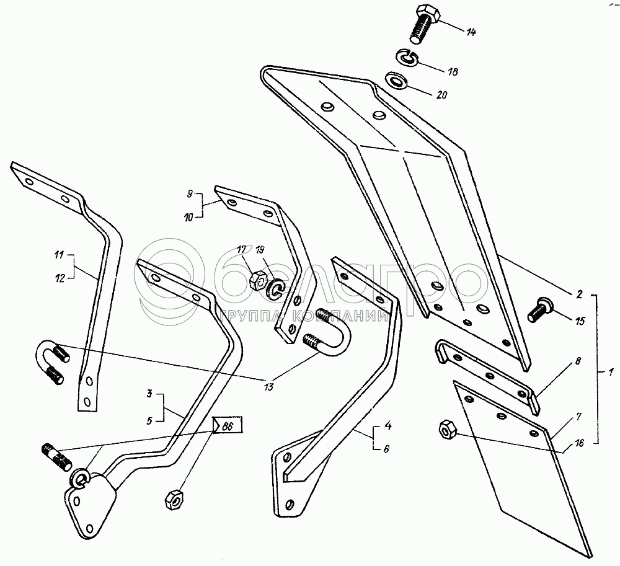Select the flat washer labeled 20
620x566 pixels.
[x=395, y=82]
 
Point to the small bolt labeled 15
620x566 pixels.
[x=541, y=309]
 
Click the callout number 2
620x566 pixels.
[x=578, y=294]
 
